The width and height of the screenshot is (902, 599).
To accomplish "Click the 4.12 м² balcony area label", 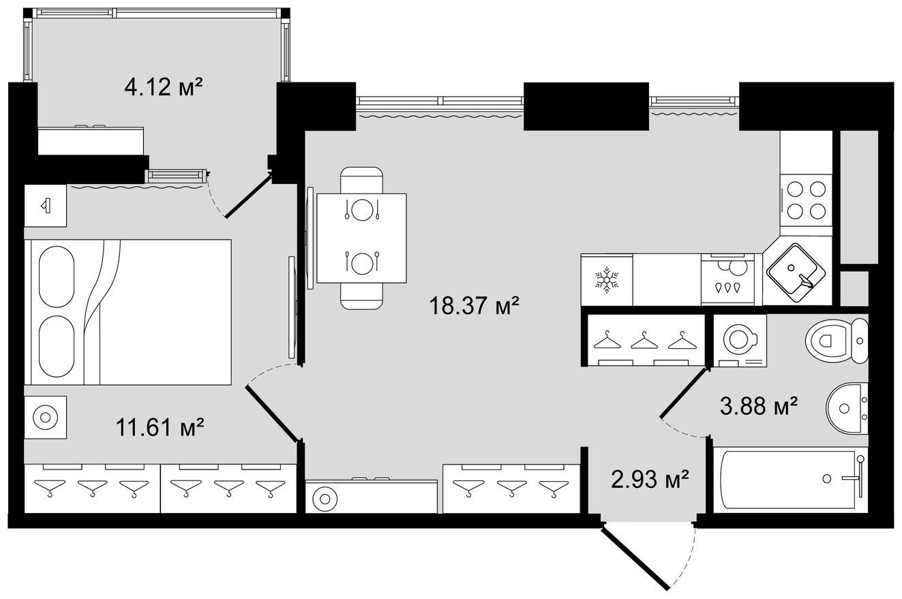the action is (x=163, y=87).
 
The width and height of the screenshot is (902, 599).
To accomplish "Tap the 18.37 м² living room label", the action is (x=474, y=305).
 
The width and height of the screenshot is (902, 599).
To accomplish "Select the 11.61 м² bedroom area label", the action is (x=160, y=427).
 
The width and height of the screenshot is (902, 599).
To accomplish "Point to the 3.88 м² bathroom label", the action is (x=759, y=406).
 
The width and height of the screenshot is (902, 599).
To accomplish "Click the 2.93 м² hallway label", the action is (x=650, y=480).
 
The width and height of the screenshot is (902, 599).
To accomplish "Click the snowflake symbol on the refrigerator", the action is (x=606, y=280).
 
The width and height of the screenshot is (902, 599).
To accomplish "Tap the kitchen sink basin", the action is (x=796, y=273).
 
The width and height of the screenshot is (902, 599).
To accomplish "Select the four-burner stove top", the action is (x=806, y=205).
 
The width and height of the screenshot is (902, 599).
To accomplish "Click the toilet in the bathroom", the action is (x=837, y=341).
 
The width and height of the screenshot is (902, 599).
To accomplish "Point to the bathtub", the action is (x=790, y=480).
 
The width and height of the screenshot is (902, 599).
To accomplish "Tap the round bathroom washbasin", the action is (x=847, y=408).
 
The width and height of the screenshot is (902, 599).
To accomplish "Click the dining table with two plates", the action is (x=361, y=238).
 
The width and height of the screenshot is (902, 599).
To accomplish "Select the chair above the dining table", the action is (x=361, y=180).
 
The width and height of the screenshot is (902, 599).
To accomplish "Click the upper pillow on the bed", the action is (x=57, y=277).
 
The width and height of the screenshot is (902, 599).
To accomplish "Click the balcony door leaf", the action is (x=248, y=196).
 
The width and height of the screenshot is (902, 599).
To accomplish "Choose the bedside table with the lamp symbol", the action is (x=45, y=206).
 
